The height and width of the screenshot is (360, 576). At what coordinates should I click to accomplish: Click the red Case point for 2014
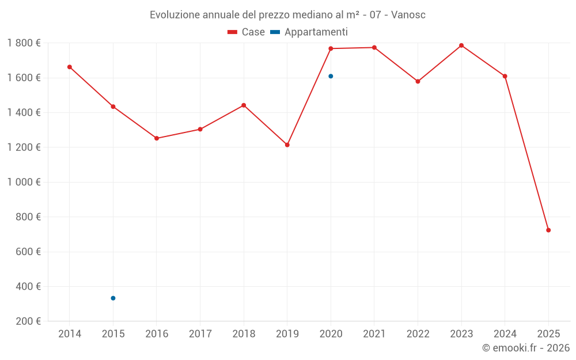pyautogui.click(x=70, y=67)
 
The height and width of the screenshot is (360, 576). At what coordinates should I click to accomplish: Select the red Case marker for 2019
pyautogui.click(x=287, y=145)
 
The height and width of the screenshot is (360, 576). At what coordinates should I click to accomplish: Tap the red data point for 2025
pyautogui.click(x=548, y=230)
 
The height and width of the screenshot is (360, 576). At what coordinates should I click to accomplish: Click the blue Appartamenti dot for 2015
pyautogui.click(x=113, y=298)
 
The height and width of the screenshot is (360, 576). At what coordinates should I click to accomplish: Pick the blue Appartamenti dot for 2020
pyautogui.click(x=331, y=76)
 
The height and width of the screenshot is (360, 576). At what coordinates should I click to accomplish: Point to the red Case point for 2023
pyautogui.click(x=461, y=46)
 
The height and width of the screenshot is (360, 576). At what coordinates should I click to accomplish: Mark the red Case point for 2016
pyautogui.click(x=157, y=138)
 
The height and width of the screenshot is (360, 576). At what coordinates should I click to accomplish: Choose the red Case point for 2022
pyautogui.click(x=418, y=81)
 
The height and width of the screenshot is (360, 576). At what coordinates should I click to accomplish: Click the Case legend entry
pyautogui.click(x=247, y=32)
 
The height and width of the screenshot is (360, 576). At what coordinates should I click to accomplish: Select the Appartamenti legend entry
pyautogui.click(x=309, y=32)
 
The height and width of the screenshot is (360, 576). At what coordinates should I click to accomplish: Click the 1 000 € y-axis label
pyautogui.click(x=24, y=182)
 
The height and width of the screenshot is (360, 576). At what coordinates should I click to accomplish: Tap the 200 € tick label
pyautogui.click(x=27, y=321)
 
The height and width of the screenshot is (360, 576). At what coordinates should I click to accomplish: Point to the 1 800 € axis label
pyautogui.click(x=24, y=43)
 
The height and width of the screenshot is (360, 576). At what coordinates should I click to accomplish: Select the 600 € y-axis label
pyautogui.click(x=27, y=252)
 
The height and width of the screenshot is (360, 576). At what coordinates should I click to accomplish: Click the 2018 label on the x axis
pyautogui.click(x=244, y=334)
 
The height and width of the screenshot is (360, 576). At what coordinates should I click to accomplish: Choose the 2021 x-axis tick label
pyautogui.click(x=374, y=334)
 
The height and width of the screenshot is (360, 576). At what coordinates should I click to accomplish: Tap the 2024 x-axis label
pyautogui.click(x=505, y=334)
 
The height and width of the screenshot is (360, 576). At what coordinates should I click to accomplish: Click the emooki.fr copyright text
pyautogui.click(x=525, y=348)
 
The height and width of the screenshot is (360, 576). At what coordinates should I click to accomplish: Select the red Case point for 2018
pyautogui.click(x=244, y=105)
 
